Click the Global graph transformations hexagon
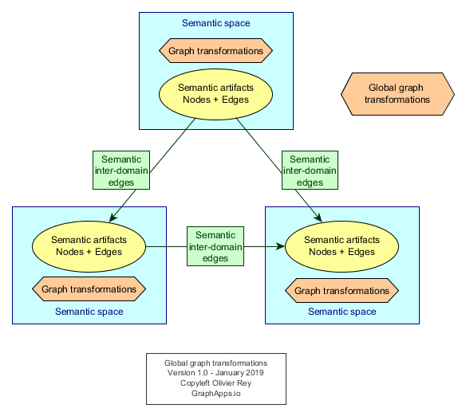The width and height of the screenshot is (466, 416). click(x=397, y=94)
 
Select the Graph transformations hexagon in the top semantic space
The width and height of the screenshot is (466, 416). click(x=215, y=50)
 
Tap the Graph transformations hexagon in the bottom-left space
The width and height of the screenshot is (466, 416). click(x=89, y=289)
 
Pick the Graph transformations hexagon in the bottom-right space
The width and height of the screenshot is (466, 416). click(x=342, y=291)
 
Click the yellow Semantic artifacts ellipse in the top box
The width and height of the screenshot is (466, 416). click(x=215, y=94)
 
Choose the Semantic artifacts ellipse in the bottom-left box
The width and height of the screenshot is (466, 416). click(x=89, y=246)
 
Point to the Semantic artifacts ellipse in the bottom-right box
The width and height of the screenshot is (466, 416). click(x=342, y=246)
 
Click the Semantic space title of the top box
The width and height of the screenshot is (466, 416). click(x=215, y=23)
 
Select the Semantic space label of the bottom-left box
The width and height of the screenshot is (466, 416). click(x=89, y=312)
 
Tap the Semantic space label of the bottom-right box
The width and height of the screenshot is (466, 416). click(x=342, y=312)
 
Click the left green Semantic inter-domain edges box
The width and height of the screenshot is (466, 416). click(x=121, y=170)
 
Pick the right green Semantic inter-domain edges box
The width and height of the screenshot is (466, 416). click(x=310, y=170)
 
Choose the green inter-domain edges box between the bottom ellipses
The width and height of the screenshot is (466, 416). click(x=215, y=246)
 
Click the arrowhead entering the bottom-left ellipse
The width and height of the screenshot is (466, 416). click(x=113, y=218)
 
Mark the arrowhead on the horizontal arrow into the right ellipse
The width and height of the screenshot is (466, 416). click(x=281, y=246)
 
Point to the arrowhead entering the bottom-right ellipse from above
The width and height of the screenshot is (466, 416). click(x=318, y=218)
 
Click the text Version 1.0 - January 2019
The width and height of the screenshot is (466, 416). click(x=215, y=373)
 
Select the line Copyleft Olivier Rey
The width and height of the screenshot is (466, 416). click(x=215, y=383)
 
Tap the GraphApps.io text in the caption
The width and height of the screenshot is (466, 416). click(x=215, y=393)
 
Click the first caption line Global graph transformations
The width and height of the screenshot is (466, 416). click(x=215, y=363)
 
